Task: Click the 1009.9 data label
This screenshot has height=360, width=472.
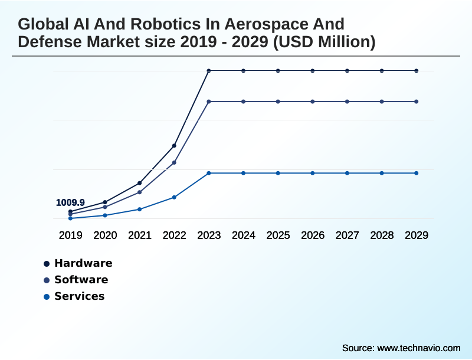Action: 70,202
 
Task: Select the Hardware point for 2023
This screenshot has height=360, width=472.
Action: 209,71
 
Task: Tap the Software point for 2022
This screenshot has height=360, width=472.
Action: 174,162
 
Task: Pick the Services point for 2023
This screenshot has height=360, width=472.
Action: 209,173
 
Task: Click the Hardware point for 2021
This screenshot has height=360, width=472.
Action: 139,183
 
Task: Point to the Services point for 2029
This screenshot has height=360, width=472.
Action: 417,173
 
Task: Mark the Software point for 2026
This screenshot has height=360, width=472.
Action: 313,102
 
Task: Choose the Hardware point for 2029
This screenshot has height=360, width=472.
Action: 417,71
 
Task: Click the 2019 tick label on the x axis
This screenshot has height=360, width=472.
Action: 70,235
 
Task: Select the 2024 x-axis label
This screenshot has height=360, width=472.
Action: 243,235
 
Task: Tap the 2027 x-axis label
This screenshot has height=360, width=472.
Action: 347,235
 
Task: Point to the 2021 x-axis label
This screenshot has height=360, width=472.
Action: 139,235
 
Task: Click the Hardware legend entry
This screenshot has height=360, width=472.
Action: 83,263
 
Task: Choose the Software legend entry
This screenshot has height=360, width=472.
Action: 81,280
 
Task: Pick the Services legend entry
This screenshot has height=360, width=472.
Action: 79,296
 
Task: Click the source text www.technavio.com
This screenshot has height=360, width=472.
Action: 418,348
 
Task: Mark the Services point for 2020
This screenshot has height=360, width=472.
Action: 105,215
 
